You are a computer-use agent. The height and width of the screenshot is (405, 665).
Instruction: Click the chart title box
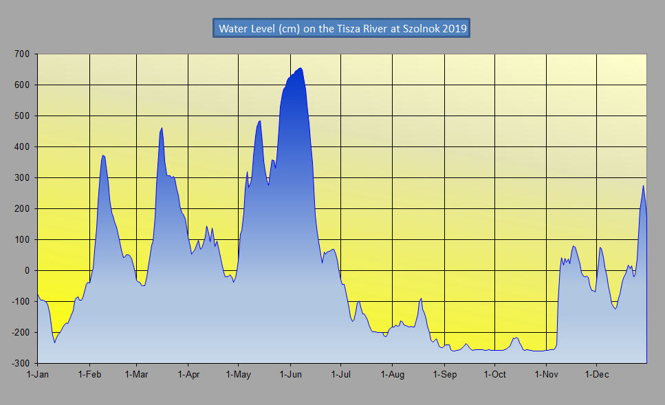pos(341,29)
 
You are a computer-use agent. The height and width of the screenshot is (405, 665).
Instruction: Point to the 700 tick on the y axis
pos(23,54)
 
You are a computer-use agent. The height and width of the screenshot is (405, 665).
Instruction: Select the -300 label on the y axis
pos(21,363)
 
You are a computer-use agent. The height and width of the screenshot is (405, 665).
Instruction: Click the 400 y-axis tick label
pos(23,146)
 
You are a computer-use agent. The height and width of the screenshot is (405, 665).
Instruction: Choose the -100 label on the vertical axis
pos(21,301)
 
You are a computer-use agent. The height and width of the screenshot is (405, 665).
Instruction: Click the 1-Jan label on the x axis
pos(37,375)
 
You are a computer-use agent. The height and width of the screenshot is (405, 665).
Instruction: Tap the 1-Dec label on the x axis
pos(596,375)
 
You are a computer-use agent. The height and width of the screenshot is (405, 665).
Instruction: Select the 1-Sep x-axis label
pos(444,375)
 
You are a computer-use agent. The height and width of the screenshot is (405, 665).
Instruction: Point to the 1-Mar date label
pos(136,375)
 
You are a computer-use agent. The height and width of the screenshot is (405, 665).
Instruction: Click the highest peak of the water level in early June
pos(301,68)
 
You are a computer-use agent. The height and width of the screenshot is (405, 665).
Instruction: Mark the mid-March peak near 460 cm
pos(162,128)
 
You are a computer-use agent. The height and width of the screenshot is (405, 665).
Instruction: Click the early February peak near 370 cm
pos(102,155)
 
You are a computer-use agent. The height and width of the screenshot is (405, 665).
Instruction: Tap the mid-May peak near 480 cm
pos(259,121)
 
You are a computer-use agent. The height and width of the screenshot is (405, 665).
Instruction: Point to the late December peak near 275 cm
pos(643,186)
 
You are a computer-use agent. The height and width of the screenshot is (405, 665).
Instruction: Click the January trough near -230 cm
pos(54,342)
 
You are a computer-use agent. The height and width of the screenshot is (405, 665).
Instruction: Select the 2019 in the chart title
pos(455,29)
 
